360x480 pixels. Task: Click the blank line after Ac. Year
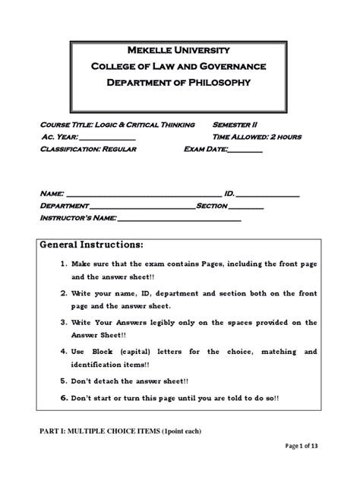107,138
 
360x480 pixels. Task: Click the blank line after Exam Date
245,151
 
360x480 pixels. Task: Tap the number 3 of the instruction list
65,322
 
